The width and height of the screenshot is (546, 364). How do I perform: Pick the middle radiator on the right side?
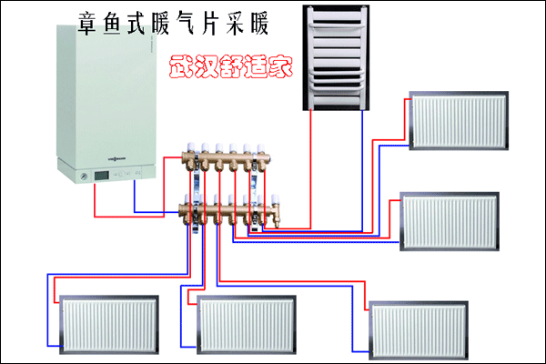(x=451, y=220)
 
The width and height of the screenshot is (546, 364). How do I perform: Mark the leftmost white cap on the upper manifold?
(x=187, y=146)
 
